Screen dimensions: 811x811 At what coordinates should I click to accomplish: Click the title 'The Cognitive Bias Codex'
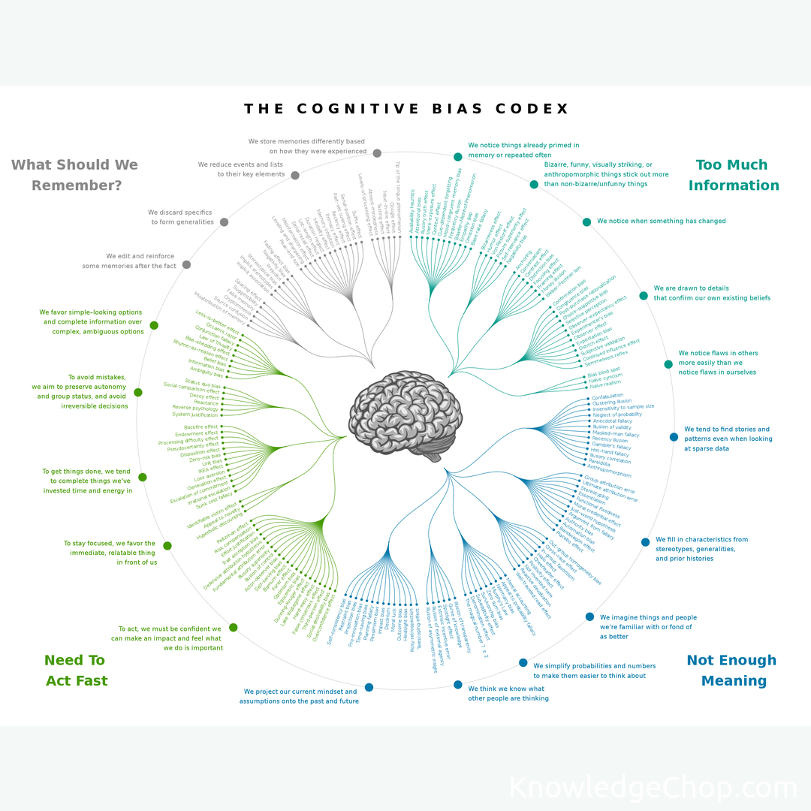[406, 109]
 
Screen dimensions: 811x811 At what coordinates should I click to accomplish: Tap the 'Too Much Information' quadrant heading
[733, 175]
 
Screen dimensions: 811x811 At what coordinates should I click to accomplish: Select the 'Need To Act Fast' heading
[76, 671]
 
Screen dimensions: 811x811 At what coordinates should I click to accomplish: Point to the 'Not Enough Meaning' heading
[731, 671]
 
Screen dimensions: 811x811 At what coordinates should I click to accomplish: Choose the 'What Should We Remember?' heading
[75, 175]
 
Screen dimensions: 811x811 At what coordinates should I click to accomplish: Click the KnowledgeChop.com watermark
[653, 788]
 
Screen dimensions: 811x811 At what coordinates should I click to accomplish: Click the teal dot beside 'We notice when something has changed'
[586, 222]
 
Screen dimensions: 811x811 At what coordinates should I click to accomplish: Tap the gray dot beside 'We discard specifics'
[224, 222]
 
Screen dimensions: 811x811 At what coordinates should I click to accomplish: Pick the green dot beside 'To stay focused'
[167, 546]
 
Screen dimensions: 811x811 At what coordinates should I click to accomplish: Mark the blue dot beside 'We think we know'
[457, 684]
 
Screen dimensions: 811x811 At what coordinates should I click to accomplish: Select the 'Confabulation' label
[607, 396]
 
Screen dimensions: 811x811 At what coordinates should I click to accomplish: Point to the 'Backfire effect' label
[200, 427]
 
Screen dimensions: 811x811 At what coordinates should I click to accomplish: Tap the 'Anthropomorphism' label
[609, 472]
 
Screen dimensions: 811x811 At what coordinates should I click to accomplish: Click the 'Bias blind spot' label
[604, 371]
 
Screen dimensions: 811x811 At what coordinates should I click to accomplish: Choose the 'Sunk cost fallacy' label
[215, 496]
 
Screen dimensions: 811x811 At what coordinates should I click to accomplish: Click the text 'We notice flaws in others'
[718, 353]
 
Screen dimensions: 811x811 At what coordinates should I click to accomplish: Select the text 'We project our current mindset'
[300, 692]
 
